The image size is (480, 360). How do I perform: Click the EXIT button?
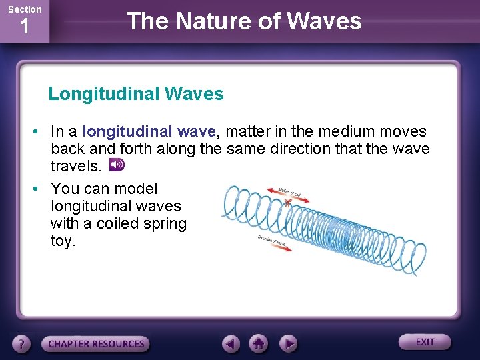(425, 342)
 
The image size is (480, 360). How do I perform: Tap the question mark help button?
(22, 344)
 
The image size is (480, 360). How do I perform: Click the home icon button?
(259, 343)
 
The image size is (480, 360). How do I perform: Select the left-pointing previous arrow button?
(231, 343)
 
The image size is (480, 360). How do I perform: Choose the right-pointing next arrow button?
(287, 343)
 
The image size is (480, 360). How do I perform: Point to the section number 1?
(24, 28)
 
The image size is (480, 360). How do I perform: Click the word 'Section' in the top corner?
(24, 9)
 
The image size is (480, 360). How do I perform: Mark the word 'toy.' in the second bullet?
(63, 241)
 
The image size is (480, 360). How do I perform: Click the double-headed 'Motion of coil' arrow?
(279, 192)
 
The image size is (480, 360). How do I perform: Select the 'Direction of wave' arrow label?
(272, 241)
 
